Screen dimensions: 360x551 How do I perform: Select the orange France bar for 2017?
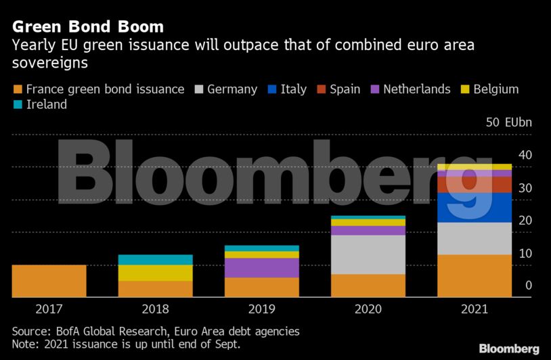tap(49, 281)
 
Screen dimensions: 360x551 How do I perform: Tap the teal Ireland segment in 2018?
tap(155, 260)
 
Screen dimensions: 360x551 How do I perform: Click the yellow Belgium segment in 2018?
tap(155, 273)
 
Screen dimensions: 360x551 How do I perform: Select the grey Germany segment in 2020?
tap(368, 254)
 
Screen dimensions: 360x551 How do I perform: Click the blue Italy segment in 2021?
tap(474, 208)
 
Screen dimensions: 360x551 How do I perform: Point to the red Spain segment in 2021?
tap(474, 185)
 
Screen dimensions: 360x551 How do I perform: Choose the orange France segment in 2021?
tap(474, 275)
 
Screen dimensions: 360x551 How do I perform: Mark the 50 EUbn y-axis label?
tap(509, 122)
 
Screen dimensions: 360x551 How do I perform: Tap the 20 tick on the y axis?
tap(525, 221)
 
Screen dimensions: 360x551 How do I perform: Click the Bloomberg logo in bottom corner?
tap(509, 348)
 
